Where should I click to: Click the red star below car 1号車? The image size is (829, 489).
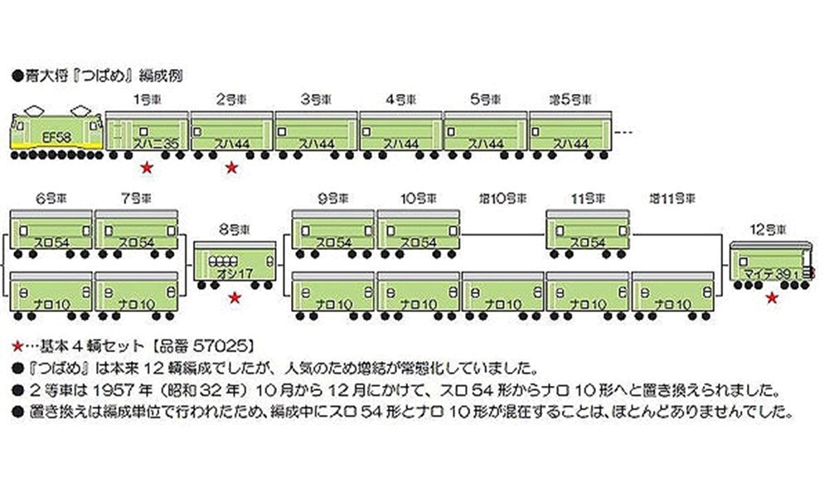147,168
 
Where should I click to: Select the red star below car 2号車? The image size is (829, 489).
232,168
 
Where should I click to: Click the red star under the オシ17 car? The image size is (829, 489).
235,296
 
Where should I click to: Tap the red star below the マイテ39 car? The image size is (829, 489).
771,296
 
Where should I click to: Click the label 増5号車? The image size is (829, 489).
571,99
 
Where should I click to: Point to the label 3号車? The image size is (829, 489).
316,99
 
